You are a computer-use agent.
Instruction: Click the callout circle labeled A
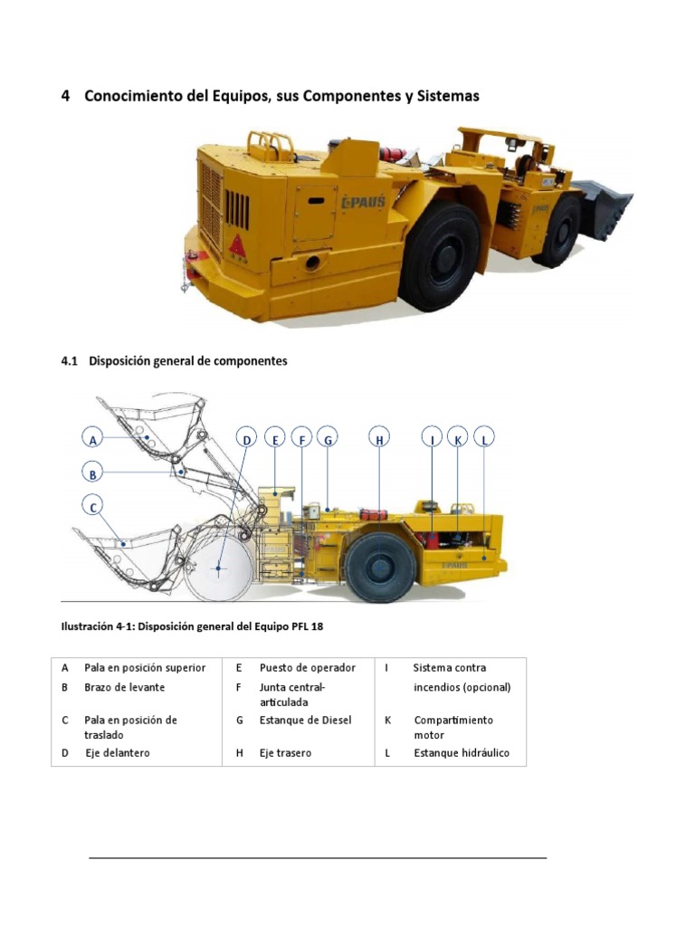pos(91,440)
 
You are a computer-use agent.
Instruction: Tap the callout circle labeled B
pos(91,473)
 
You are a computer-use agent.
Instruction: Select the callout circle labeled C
pos(91,508)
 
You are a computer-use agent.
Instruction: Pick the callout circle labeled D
pos(246,439)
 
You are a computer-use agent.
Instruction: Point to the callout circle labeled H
pos(380,439)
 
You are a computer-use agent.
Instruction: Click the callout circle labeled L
pos(485,439)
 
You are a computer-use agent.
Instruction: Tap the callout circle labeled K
pos(458,439)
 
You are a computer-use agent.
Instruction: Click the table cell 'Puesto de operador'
pos(307,668)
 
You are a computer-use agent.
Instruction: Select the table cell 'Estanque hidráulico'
pos(462,753)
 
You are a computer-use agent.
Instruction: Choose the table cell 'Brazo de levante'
pos(124,688)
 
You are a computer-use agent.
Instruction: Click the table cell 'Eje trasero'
pos(285,753)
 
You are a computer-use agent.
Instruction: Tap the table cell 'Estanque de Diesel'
pos(305,721)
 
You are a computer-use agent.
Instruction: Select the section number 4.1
pos(71,361)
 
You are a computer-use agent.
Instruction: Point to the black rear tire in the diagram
pos(380,568)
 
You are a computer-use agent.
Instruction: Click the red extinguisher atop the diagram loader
pos(373,514)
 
